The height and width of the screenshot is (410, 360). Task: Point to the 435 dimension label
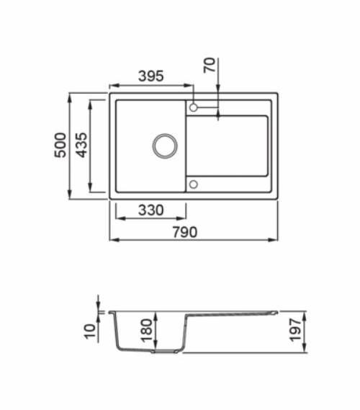point(81,146)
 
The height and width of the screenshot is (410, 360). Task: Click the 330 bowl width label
point(150,210)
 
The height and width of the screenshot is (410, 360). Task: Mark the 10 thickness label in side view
point(89,332)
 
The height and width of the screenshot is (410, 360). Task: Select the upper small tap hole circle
point(193,109)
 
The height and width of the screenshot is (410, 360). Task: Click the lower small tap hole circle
point(193,184)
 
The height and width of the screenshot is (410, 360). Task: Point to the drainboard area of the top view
point(230,148)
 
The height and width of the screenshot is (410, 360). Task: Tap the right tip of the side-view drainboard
point(276,312)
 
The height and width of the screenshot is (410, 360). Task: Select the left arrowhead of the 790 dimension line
point(112,239)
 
